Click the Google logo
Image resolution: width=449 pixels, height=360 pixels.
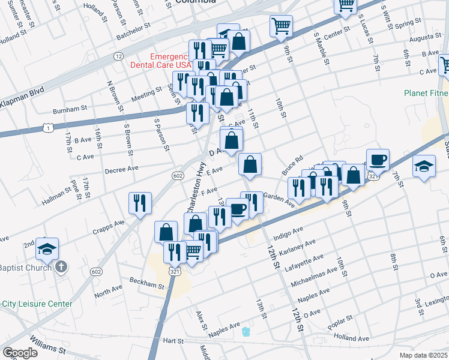coord(19,353)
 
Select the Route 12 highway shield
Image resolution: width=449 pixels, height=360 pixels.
coord(119,56)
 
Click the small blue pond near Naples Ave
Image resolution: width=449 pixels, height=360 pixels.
coord(245,332)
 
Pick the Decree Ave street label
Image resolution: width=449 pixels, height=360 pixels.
coord(122,169)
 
